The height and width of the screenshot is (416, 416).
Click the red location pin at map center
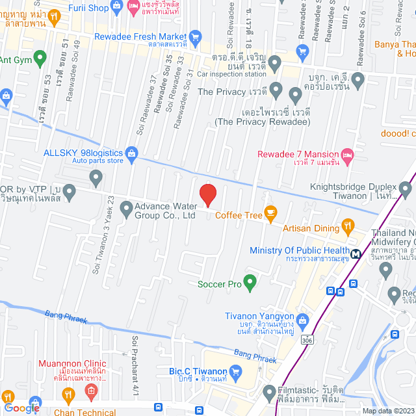coord(207,195)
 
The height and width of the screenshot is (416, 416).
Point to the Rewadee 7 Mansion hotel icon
coord(348,154)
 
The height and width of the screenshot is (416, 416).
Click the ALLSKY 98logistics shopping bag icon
coord(132,153)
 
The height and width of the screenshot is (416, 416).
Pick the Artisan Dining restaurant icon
coord(349,228)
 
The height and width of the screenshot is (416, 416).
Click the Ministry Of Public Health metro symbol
coord(356,254)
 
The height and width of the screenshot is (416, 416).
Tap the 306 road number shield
coord(307,339)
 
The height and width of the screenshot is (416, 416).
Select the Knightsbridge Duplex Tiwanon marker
coord(406,190)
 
